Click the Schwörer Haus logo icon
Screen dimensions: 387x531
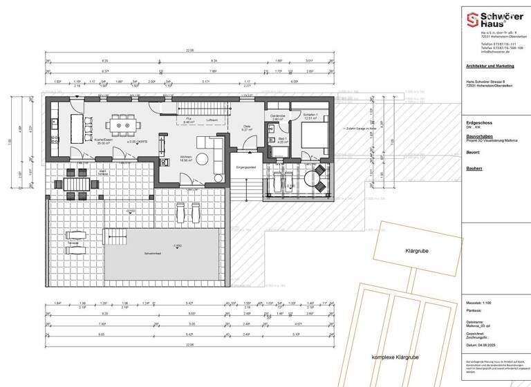point(472,19)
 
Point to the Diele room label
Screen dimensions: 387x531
point(247,126)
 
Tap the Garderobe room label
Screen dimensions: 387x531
point(278,116)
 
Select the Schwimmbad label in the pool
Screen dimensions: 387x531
point(153,254)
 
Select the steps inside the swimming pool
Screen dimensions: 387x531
point(115,237)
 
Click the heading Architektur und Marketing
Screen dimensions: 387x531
point(490,67)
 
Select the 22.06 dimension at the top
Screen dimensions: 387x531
point(189,50)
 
